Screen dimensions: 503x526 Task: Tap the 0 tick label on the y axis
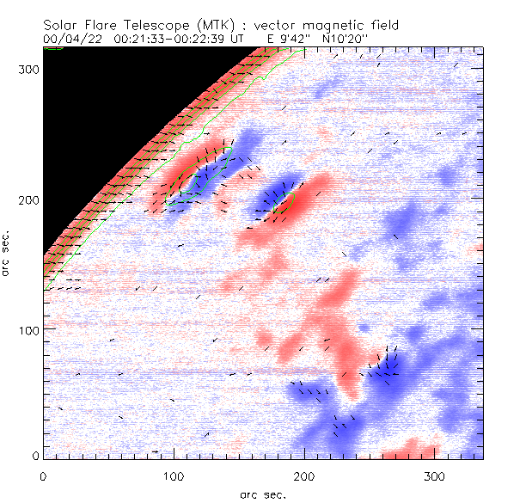[x=34, y=455]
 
